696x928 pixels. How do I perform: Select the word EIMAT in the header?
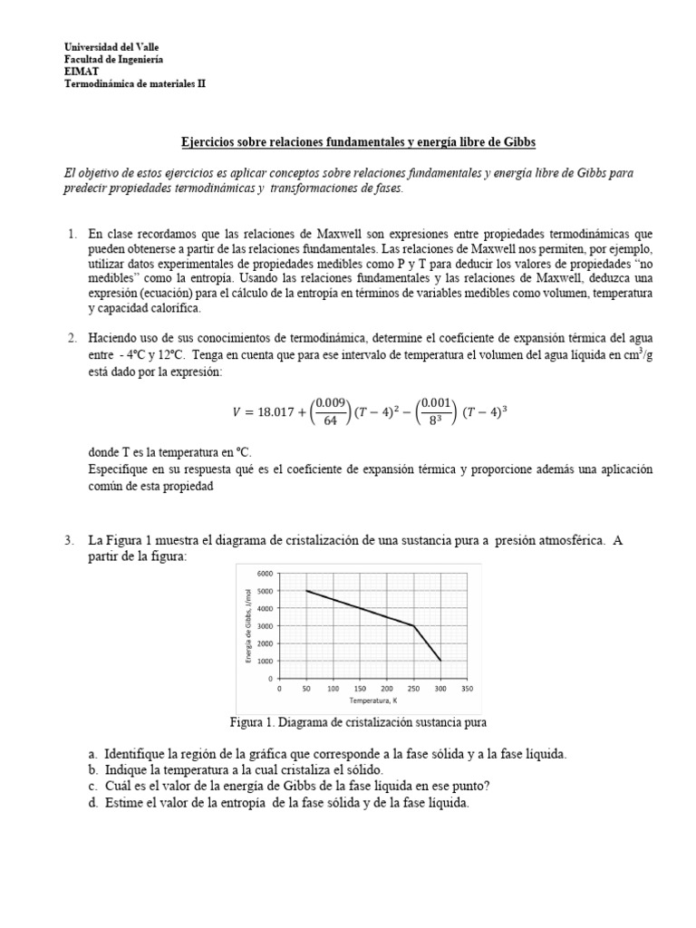[x=80, y=71]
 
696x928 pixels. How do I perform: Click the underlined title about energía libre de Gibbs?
[x=361, y=143]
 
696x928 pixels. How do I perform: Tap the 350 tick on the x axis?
[x=468, y=689]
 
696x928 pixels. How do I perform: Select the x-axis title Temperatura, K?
[x=373, y=701]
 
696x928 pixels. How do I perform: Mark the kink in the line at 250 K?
[x=414, y=626]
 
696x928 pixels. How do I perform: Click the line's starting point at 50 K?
[x=307, y=591]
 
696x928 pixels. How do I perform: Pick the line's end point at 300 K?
[x=441, y=661]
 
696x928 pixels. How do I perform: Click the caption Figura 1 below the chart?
[x=361, y=722]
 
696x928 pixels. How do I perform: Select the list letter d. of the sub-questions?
[x=92, y=802]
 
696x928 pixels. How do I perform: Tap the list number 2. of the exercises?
[x=72, y=338]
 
